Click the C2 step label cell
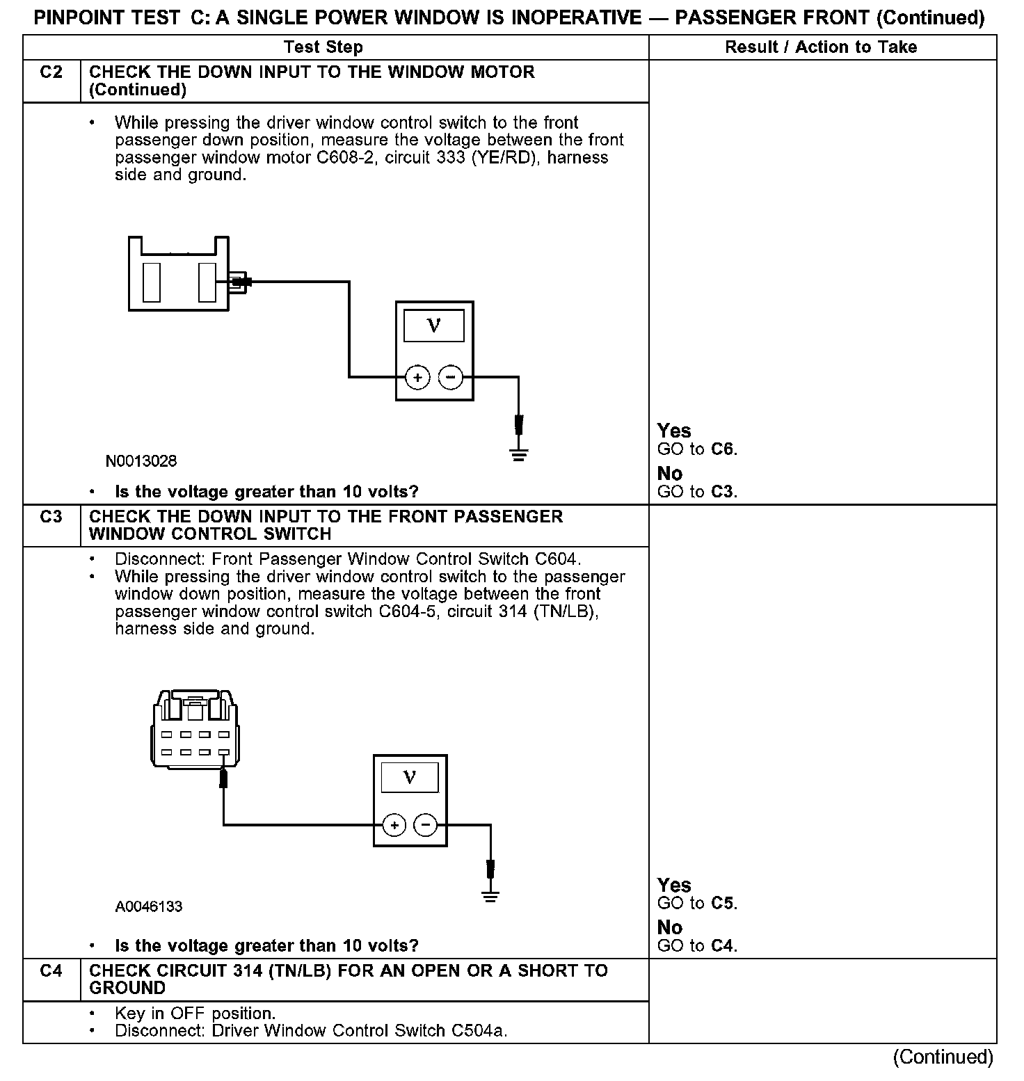pos(51,72)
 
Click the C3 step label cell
pos(51,517)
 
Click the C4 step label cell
pos(51,971)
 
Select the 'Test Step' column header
pos(323,47)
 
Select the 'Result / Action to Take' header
pos(821,47)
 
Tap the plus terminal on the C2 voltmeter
pos(417,378)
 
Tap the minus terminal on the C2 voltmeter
pos(451,378)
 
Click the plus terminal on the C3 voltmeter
pos(394,825)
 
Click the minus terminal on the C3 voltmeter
pos(426,825)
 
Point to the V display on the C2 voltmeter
pos(434,325)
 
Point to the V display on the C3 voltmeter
pos(410,777)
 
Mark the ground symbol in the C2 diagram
pos(518,456)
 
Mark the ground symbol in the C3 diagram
pos(490,896)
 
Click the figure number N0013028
pos(141,461)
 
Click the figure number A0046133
pos(149,906)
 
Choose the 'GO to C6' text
pos(697,449)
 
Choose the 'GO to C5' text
pos(697,904)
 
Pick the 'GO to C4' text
pos(697,946)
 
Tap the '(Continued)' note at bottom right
pos(943,1057)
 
